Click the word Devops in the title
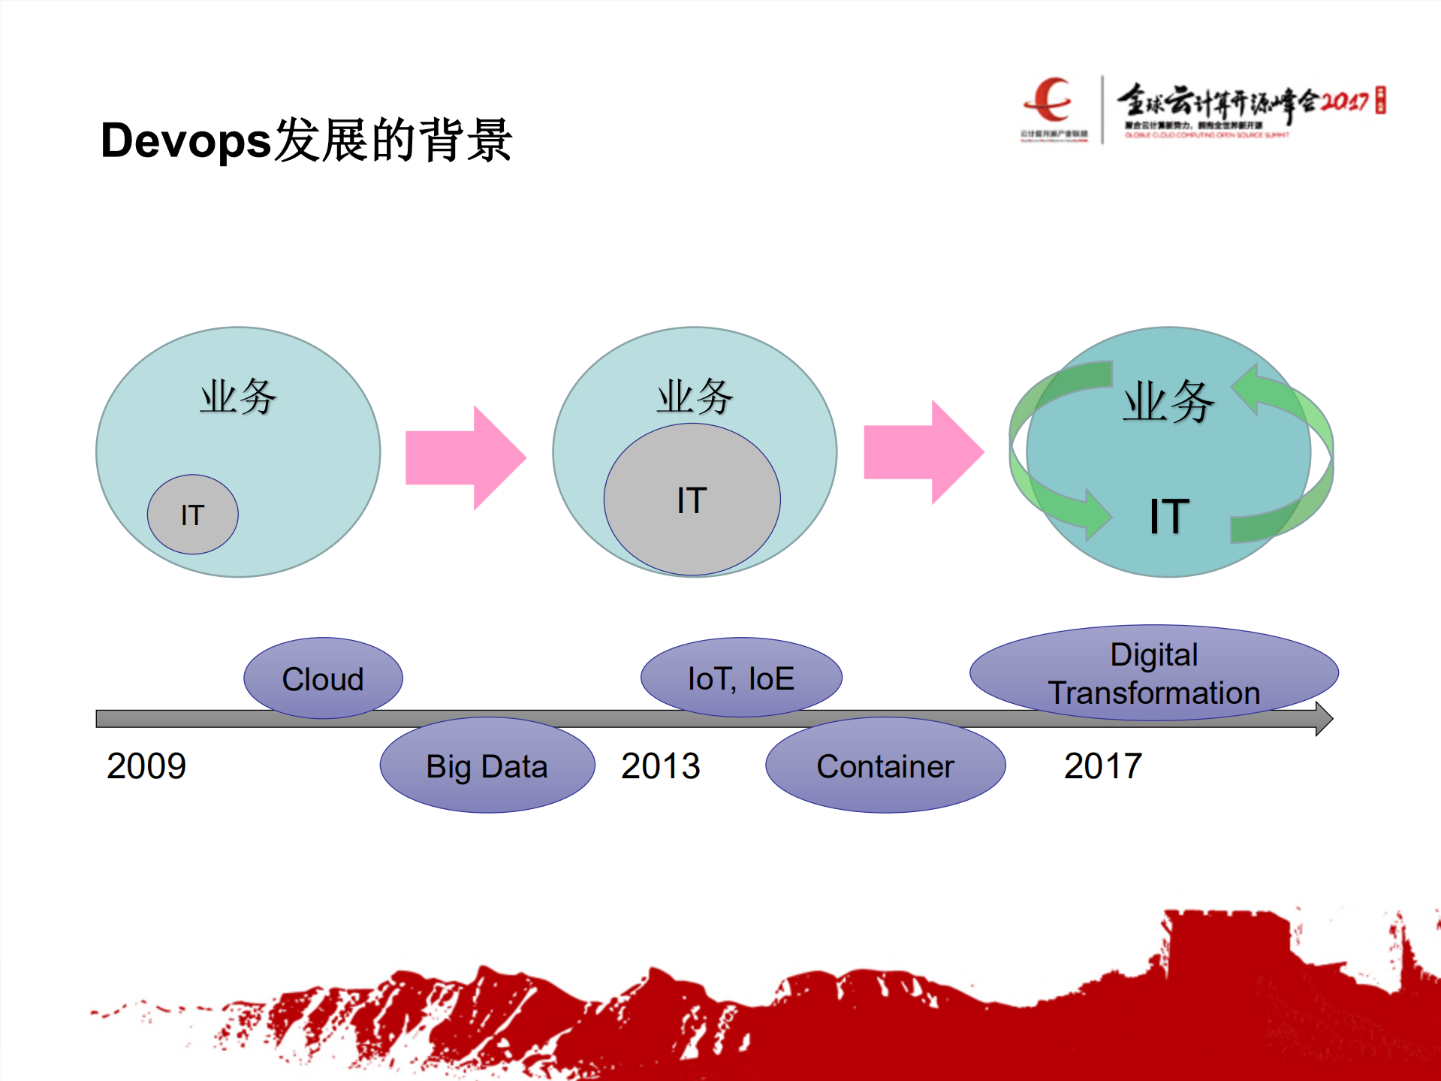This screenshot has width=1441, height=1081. [185, 141]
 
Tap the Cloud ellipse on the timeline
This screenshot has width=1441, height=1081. [323, 678]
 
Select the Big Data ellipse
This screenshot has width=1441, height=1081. [487, 766]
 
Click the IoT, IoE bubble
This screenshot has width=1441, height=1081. [740, 678]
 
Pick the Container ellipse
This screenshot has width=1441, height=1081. [885, 766]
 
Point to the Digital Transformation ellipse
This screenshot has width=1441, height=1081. [1153, 673]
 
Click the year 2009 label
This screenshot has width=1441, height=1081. [146, 766]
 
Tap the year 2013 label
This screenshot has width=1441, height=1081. [660, 766]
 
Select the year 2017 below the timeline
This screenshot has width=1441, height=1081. [1102, 766]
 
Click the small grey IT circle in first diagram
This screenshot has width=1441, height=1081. [192, 515]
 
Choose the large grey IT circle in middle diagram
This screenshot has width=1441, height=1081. [692, 500]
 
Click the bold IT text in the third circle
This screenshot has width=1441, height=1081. [1169, 517]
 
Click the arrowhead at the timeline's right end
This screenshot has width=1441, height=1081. [1324, 719]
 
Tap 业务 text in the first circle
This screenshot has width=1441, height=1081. [238, 397]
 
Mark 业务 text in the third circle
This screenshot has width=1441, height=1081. [1168, 401]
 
